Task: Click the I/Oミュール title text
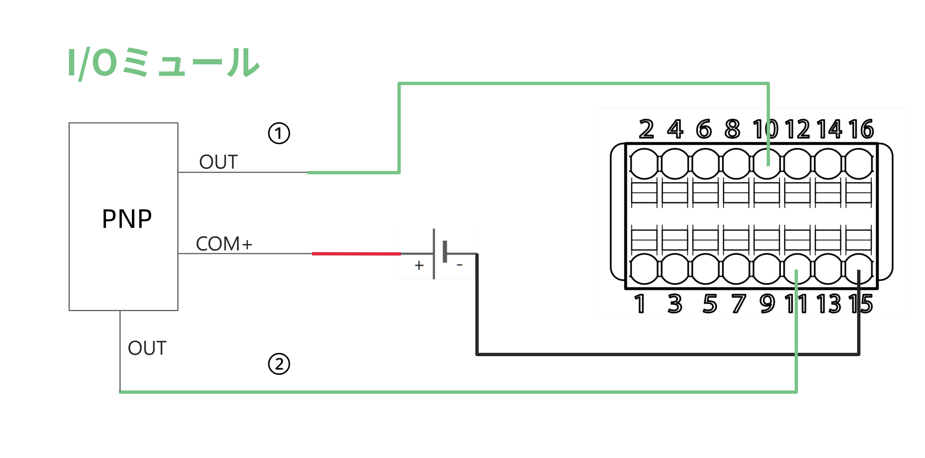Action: tap(163, 63)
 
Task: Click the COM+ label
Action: tap(224, 244)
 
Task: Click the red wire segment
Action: tap(355, 253)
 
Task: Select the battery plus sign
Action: tap(419, 265)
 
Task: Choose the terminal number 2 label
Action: tap(646, 129)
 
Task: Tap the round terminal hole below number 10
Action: tap(766, 163)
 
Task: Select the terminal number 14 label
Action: tap(829, 129)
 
